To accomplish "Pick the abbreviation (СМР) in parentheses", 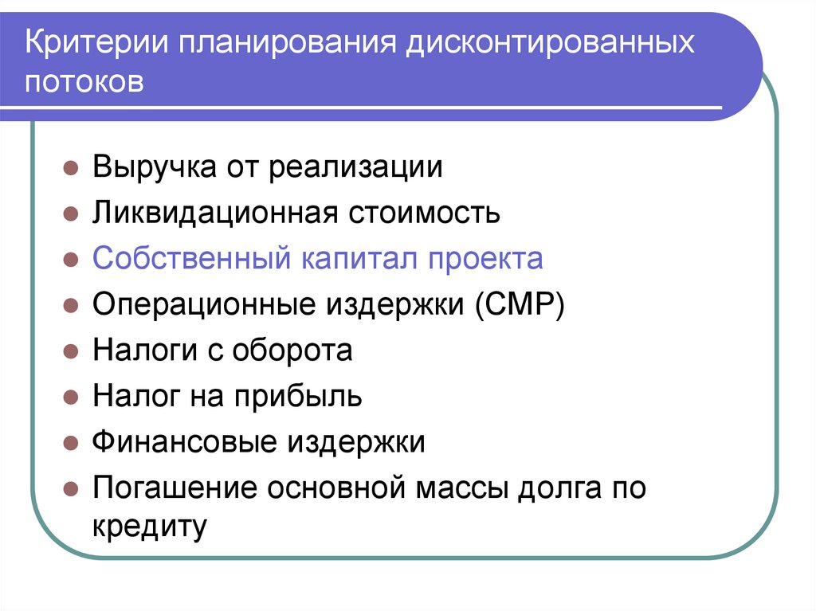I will coord(522,305).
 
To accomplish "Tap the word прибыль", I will coord(298,397).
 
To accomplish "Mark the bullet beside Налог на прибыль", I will coord(71,397).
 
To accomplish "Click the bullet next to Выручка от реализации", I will coord(71,169).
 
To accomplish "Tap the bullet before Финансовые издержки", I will coord(71,442).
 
